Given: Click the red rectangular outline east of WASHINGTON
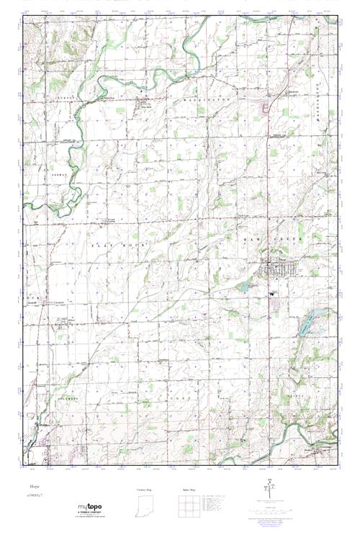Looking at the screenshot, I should [264, 109].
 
